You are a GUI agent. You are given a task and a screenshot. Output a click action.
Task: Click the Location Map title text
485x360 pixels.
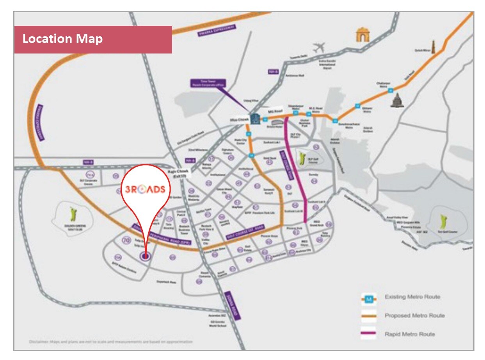pos(62,39)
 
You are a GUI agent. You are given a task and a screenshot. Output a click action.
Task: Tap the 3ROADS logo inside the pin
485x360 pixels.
pos(145,189)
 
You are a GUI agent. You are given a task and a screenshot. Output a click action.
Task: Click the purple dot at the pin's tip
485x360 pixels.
pos(145,256)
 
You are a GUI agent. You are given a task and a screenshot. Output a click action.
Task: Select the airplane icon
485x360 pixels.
pos(319,48)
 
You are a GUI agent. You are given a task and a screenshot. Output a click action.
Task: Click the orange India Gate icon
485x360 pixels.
pos(362,35)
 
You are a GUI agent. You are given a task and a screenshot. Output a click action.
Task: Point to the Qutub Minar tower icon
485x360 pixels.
pos(432,46)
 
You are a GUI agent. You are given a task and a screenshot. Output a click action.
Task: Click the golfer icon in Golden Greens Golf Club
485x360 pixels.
pos(73,214)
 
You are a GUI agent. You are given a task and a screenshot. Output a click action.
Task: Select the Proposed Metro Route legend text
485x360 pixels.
pos(414,315)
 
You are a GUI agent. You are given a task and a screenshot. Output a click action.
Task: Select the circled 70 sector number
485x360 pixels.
pos(126,241)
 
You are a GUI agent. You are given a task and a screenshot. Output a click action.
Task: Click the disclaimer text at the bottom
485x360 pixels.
pos(110,342)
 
